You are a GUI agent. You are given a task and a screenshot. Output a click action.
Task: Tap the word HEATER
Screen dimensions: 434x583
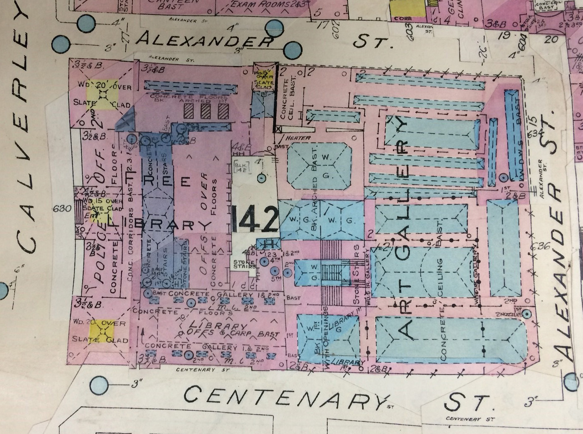point(298,138)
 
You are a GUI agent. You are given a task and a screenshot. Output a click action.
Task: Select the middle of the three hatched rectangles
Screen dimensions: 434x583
point(206,111)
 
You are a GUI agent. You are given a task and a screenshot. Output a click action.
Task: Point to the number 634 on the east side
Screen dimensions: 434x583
point(535,134)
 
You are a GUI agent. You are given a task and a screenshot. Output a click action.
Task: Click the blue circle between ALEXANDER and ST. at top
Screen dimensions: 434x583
point(292,50)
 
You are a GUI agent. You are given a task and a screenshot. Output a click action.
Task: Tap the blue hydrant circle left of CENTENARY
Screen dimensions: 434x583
point(99,383)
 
